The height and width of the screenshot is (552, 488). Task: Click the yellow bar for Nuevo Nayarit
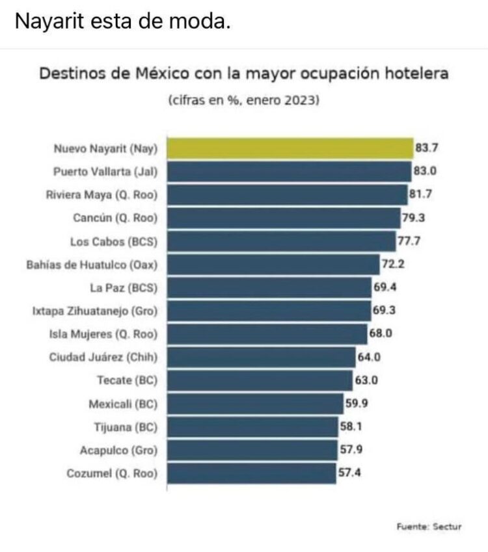click(290, 148)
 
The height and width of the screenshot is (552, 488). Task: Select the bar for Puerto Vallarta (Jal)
click(289, 172)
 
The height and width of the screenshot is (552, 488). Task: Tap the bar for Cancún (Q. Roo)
click(284, 218)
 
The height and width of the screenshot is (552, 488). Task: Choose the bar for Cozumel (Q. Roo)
click(252, 473)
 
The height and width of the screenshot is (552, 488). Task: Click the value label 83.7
click(427, 148)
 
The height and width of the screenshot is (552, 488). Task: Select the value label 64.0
click(369, 358)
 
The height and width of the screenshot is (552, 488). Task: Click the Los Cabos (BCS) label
click(113, 242)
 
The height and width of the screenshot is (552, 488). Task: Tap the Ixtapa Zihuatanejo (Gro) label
click(95, 311)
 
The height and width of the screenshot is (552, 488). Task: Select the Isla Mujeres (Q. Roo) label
click(103, 335)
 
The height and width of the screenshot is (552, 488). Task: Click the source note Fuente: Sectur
click(429, 527)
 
